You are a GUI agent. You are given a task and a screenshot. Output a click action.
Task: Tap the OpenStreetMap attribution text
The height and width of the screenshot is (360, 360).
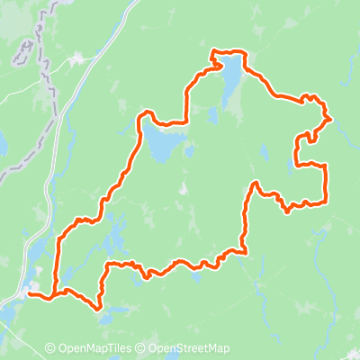(x=190, y=349)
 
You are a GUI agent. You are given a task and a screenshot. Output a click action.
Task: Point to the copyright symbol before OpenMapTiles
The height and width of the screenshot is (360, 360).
(x=50, y=349)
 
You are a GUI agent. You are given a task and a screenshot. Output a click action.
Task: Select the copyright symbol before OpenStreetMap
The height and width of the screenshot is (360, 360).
(x=142, y=349)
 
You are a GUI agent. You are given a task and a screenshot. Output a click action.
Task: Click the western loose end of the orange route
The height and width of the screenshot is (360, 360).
(x=29, y=292)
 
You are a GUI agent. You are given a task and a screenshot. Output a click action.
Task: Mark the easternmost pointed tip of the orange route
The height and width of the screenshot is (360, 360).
(x=332, y=118)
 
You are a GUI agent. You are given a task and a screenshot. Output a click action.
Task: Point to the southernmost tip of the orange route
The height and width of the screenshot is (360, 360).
(x=98, y=309)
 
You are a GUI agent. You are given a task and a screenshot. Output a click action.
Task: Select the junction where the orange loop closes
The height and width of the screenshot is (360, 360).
(x=55, y=293)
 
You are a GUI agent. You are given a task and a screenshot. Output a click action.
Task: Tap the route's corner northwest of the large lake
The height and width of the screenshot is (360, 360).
(x=212, y=55)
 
